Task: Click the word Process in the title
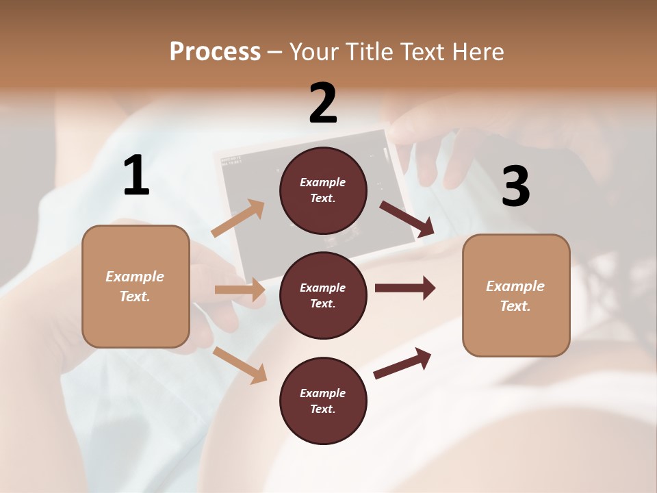(215, 52)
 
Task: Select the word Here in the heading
(476, 52)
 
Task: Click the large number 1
(136, 176)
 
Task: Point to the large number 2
(323, 103)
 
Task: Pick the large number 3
(515, 187)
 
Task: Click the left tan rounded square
(136, 286)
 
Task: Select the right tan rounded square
(516, 295)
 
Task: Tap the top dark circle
(323, 190)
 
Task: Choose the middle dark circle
(323, 295)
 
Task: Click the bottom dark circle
(323, 401)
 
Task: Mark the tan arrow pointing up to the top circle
(238, 218)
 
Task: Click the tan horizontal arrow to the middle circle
(240, 290)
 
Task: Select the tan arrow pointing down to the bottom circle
(240, 364)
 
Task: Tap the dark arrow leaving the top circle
(407, 218)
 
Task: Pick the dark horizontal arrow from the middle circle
(405, 288)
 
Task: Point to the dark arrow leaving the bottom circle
(402, 363)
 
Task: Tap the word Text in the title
(422, 52)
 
